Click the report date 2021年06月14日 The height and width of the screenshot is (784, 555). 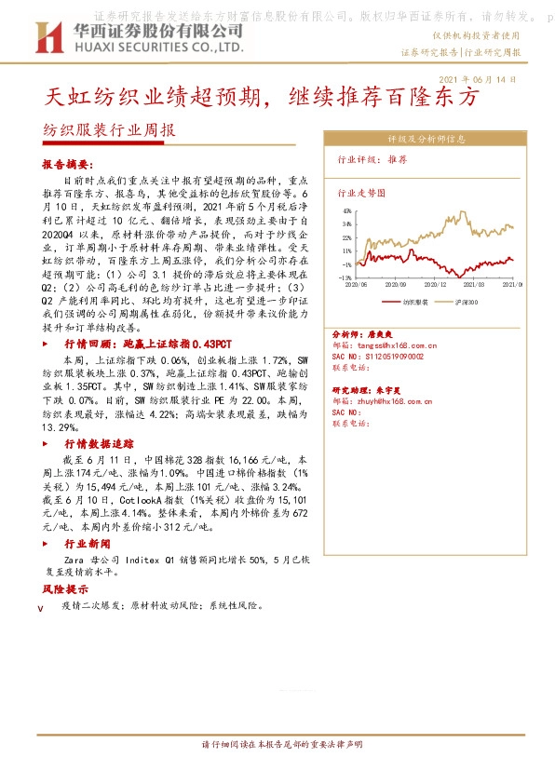pyautogui.click(x=476, y=80)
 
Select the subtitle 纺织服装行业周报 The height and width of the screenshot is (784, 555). pyautogui.click(x=109, y=131)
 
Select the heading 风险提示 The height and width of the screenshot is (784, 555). pyautogui.click(x=65, y=589)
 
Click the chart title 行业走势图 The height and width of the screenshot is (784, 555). pyautogui.click(x=359, y=194)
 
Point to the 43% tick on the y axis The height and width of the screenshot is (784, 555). pyautogui.click(x=346, y=211)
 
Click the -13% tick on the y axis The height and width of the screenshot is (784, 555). pyautogui.click(x=345, y=277)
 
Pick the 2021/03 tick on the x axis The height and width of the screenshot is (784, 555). pyautogui.click(x=477, y=286)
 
